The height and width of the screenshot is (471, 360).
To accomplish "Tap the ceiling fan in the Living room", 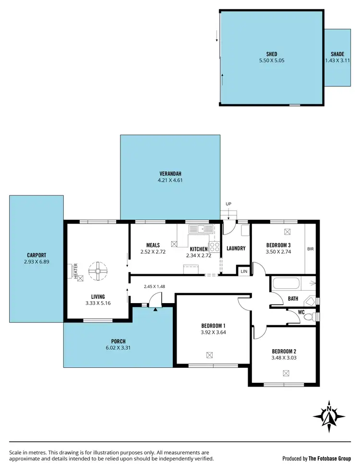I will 97,271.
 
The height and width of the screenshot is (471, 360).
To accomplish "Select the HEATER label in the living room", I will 75,271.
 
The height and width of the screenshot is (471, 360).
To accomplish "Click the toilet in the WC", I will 313,317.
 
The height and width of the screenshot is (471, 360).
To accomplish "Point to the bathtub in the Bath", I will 287,283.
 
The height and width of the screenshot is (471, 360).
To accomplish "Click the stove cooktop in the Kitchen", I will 214,247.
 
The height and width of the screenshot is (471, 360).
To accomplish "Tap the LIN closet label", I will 244,271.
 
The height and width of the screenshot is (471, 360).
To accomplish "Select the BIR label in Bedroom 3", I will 310,249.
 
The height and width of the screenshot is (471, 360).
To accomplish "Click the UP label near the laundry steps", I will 228,204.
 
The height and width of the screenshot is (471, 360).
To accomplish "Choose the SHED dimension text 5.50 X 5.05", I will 272,61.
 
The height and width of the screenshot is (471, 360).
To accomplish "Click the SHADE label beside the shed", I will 337,54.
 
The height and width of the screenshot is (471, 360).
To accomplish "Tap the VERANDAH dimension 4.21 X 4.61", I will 170,180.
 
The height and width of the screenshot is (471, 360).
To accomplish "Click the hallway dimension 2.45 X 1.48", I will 154,287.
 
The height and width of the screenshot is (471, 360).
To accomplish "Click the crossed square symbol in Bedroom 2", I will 287,373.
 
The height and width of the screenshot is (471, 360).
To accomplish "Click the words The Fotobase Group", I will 330,459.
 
